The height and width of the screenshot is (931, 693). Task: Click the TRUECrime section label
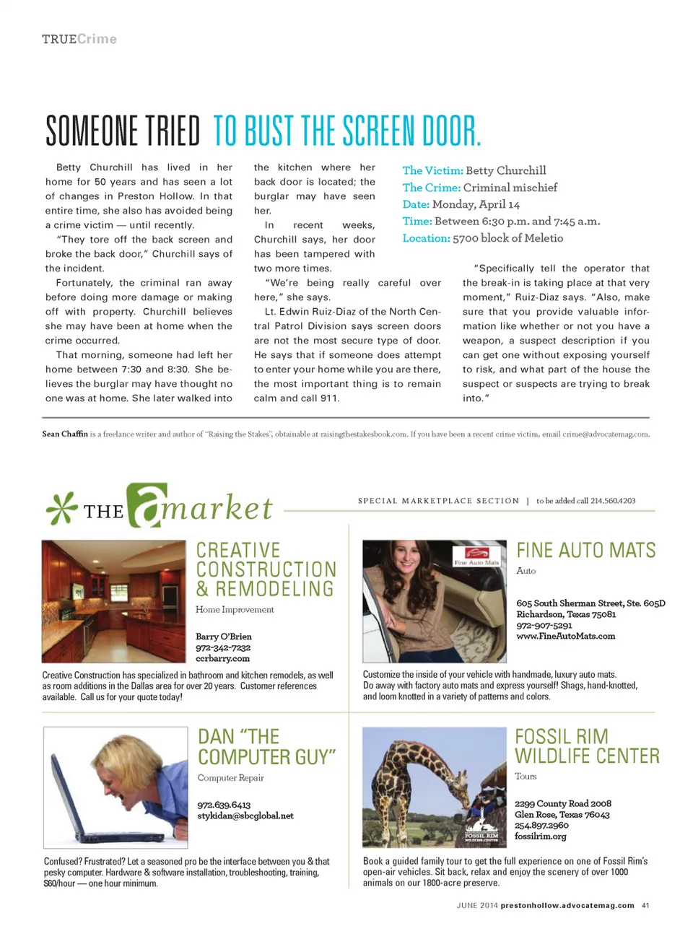click(79, 39)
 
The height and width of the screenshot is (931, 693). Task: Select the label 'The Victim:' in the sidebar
click(432, 171)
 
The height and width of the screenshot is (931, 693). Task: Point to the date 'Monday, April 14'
click(476, 205)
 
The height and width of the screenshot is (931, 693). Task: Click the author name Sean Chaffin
click(65, 434)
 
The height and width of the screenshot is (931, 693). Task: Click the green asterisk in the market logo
click(61, 509)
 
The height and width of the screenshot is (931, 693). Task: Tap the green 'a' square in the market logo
click(147, 505)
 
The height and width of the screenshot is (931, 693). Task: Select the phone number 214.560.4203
click(613, 501)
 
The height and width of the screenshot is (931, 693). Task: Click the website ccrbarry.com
click(222, 659)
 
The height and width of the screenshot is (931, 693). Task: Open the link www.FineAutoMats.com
click(565, 637)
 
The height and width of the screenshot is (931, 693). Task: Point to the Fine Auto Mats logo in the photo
click(477, 557)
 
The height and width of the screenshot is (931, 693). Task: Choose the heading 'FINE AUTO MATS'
click(585, 551)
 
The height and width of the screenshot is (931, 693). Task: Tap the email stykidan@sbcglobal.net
click(245, 816)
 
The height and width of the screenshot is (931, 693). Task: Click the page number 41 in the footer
click(645, 906)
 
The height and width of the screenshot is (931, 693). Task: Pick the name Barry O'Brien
click(224, 637)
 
